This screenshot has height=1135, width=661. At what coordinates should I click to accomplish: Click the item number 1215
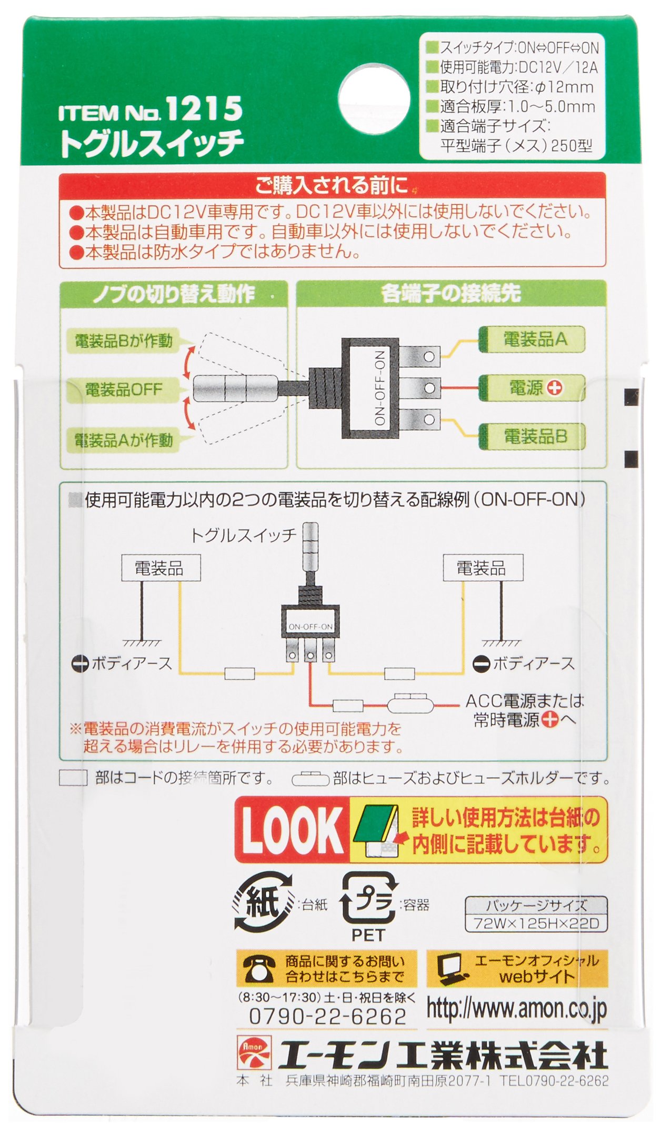204,108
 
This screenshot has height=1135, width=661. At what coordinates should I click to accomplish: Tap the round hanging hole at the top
374,99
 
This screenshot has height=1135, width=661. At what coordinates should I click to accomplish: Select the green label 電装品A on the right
532,339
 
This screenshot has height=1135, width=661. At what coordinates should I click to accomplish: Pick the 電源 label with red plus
532,388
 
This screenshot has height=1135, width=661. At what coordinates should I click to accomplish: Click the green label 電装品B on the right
532,436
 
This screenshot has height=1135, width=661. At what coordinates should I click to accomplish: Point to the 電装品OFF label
123,390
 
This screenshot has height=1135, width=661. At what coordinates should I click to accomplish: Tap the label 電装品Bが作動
123,341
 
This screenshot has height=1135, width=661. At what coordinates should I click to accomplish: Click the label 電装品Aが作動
123,440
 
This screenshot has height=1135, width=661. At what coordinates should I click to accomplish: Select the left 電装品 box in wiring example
161,568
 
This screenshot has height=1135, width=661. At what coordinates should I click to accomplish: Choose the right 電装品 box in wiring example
483,568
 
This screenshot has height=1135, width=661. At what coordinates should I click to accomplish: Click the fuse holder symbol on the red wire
410,703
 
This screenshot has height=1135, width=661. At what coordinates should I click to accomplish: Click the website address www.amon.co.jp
517,1009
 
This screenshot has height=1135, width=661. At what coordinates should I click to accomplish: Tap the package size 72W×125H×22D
536,923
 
